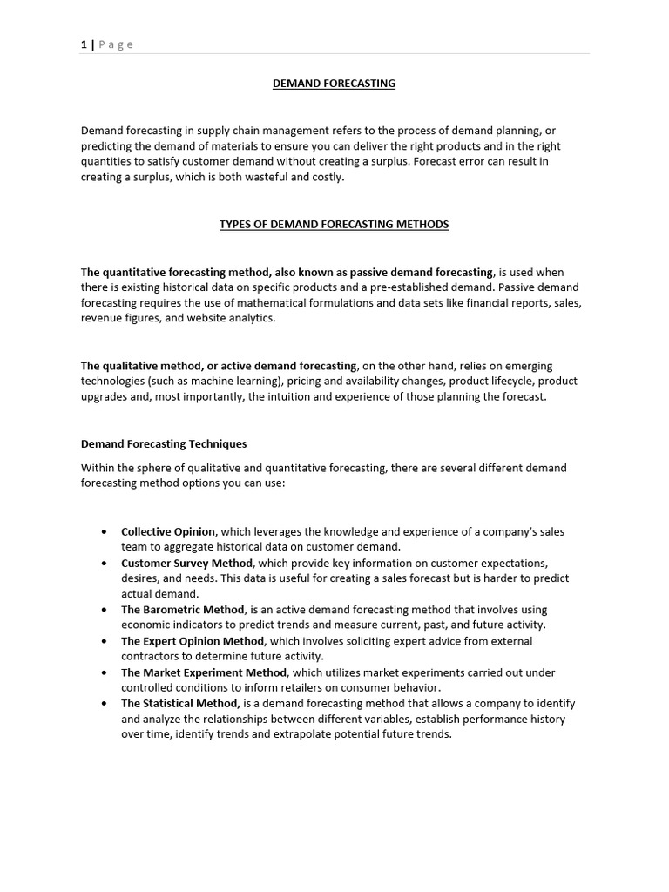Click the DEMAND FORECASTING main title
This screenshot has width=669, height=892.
pyautogui.click(x=334, y=84)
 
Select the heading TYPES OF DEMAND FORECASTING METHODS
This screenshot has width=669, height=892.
pyautogui.click(x=334, y=225)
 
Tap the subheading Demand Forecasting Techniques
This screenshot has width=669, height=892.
pyautogui.click(x=164, y=444)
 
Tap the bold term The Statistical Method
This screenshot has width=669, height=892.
pyautogui.click(x=180, y=703)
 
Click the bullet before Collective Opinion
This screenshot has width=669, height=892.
pyautogui.click(x=105, y=532)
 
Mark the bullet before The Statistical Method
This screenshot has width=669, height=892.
pyautogui.click(x=105, y=704)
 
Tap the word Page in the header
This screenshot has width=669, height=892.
pyautogui.click(x=117, y=44)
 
